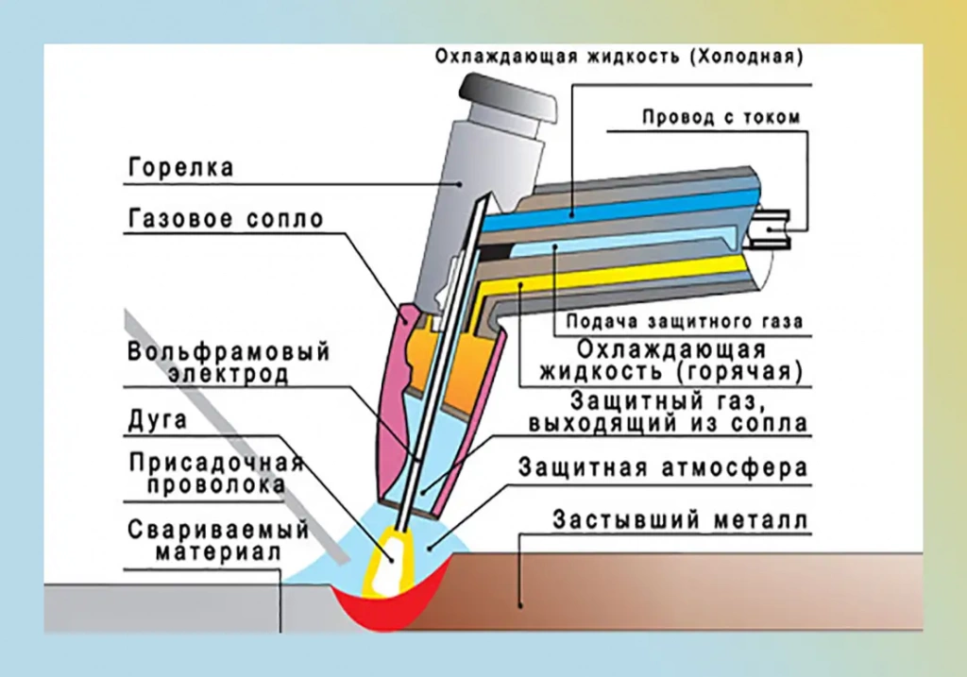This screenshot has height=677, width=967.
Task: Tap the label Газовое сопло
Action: [225, 220]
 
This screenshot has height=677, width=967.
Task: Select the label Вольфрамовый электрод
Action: [229, 363]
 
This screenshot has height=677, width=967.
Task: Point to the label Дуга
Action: [158, 421]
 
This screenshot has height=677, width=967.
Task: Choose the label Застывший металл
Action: [681, 520]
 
